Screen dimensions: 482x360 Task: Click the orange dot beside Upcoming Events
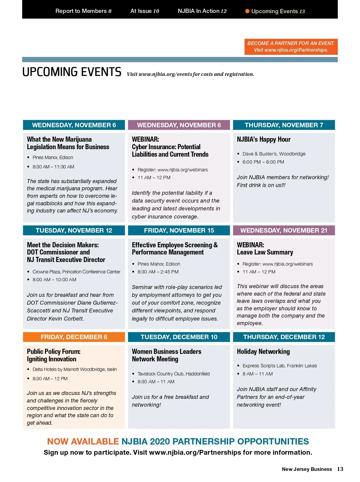tap(247, 11)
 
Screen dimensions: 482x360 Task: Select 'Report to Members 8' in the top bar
tap(83, 11)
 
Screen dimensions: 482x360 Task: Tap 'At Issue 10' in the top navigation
tap(145, 11)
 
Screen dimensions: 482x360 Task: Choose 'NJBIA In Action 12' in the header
tap(202, 11)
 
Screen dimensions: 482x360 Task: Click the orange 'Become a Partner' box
tap(291, 47)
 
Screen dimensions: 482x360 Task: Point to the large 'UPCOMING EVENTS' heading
tap(72, 72)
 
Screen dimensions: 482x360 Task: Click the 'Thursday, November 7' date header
tap(284, 125)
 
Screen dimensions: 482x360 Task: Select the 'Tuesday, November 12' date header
tap(74, 230)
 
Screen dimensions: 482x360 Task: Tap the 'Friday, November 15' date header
tap(179, 230)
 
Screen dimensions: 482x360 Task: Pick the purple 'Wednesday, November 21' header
tap(284, 230)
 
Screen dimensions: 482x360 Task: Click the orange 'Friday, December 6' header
tap(74, 337)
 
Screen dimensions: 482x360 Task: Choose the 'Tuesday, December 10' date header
tap(179, 337)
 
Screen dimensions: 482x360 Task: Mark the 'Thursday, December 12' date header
tap(284, 337)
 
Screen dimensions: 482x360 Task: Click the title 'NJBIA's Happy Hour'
tap(263, 140)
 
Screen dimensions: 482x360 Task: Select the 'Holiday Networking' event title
tap(263, 351)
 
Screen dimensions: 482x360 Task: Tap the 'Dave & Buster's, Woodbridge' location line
tap(274, 154)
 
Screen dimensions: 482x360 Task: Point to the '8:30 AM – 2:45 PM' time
tap(158, 272)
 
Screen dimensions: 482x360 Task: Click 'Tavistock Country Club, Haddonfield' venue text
tap(173, 374)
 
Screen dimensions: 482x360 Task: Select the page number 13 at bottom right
tap(340, 469)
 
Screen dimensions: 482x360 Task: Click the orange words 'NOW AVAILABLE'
tap(83, 441)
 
